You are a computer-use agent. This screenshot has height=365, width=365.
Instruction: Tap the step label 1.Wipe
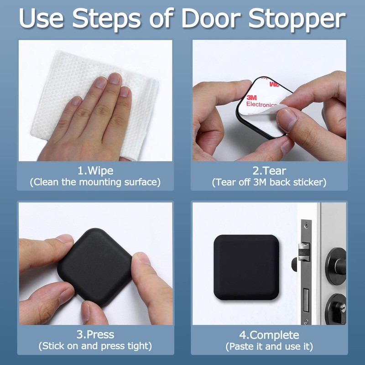pos(95,171)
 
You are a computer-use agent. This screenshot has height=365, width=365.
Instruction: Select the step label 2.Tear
pos(269,171)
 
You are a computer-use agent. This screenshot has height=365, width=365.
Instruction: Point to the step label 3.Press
pos(95,334)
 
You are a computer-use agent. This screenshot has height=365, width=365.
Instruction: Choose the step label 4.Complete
pos(269,334)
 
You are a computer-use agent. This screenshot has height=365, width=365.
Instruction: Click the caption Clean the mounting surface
pos(95,182)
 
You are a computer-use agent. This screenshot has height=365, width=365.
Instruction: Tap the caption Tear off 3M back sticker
pos(269,182)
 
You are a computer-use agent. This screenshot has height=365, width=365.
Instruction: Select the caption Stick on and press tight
pos(95,346)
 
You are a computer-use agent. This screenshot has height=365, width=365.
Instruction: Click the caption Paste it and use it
pos(269,346)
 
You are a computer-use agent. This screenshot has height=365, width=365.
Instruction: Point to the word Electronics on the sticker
pos(261,104)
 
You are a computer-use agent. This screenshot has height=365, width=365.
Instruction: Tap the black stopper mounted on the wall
pos(247,268)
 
